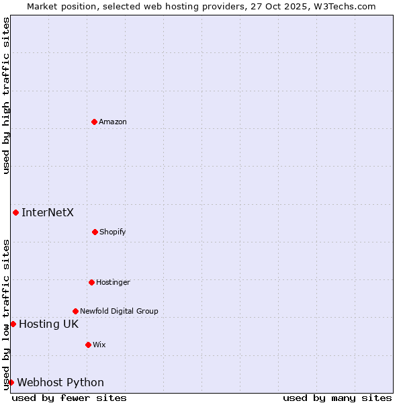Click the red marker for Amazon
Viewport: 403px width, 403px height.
pos(95,122)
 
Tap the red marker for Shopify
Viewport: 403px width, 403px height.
pos(95,232)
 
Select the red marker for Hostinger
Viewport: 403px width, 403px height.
pos(91,282)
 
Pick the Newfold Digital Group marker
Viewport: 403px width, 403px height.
pos(75,311)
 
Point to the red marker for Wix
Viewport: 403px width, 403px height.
pos(88,345)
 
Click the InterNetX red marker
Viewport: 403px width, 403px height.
pos(15,212)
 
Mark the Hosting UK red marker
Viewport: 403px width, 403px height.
pos(13,324)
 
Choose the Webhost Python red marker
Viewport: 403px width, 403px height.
pos(11,382)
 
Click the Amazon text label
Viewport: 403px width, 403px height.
pos(113,122)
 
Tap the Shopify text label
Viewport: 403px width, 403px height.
pos(113,232)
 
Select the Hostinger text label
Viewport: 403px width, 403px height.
pos(113,282)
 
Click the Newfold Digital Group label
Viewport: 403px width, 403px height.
pos(119,311)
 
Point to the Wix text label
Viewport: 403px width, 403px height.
pos(99,345)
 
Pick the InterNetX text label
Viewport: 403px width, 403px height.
pos(48,213)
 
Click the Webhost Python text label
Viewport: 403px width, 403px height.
pos(60,383)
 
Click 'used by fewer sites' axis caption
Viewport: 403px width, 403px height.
pos(69,398)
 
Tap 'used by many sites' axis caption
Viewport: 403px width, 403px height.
pos(337,398)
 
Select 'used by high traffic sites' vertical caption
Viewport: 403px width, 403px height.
pos(6,95)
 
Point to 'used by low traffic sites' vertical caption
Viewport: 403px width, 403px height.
pos(6,314)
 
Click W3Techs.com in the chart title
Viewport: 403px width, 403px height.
pos(343,6)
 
